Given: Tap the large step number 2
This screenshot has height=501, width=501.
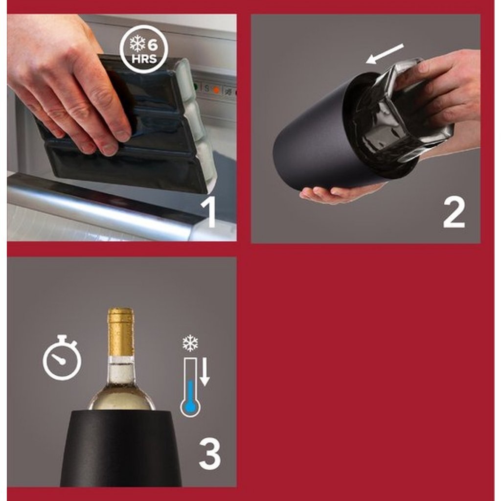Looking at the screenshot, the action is pyautogui.click(x=454, y=212).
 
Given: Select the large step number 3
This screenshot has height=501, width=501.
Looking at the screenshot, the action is pyautogui.click(x=210, y=454).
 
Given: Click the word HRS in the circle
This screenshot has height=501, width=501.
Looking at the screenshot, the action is pyautogui.click(x=144, y=59).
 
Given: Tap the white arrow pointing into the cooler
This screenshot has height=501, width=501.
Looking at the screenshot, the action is pyautogui.click(x=385, y=54).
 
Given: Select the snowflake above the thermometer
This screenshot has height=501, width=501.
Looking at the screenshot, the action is pyautogui.click(x=190, y=343).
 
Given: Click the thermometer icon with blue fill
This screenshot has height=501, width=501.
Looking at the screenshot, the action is pyautogui.click(x=190, y=387).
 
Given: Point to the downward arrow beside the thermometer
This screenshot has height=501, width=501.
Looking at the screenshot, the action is pyautogui.click(x=205, y=372).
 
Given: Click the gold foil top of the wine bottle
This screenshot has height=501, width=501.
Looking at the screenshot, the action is pyautogui.click(x=120, y=332).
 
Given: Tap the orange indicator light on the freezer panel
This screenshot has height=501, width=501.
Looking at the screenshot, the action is pyautogui.click(x=217, y=90).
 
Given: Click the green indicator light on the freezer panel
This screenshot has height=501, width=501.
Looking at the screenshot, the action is pyautogui.click(x=195, y=87).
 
